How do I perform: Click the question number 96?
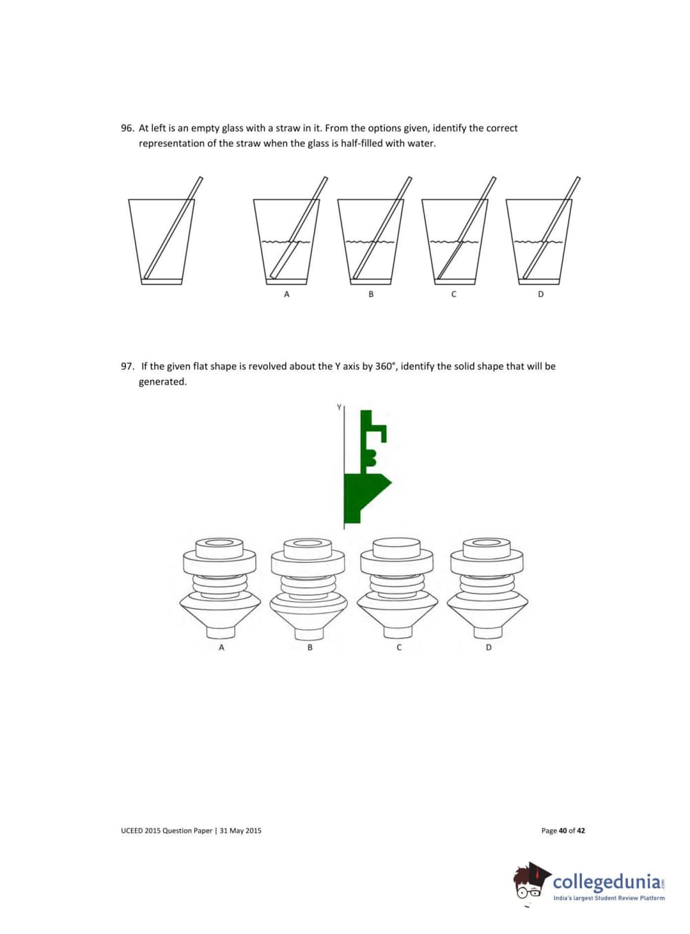(x=127, y=128)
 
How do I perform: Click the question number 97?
(x=127, y=366)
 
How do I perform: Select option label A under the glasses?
(x=286, y=294)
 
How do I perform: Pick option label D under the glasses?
(x=541, y=294)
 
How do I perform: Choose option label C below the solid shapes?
(x=399, y=647)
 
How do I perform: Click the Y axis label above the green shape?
(x=339, y=407)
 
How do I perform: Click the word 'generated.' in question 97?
(x=163, y=382)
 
